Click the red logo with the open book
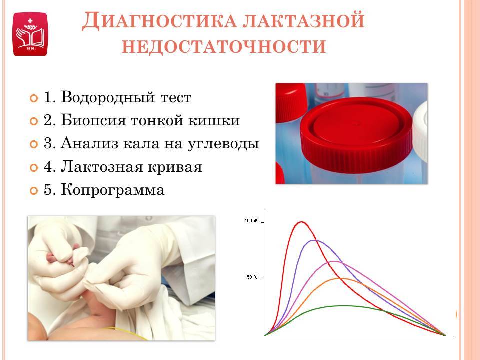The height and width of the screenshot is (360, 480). pos(30,34)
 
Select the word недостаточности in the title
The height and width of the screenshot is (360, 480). pos(224,47)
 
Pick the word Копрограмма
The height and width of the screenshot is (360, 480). pos(113,190)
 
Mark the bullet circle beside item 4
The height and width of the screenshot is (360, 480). pos(34,168)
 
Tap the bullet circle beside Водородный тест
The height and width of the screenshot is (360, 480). pos(34,98)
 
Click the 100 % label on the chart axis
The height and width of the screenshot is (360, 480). pos(251,220)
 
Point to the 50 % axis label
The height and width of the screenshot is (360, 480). pos(252,277)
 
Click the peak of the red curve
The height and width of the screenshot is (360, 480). pos(302,222)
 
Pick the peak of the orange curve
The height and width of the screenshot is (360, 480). pos(340,278)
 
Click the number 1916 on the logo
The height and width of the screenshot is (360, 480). pos(30,48)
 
